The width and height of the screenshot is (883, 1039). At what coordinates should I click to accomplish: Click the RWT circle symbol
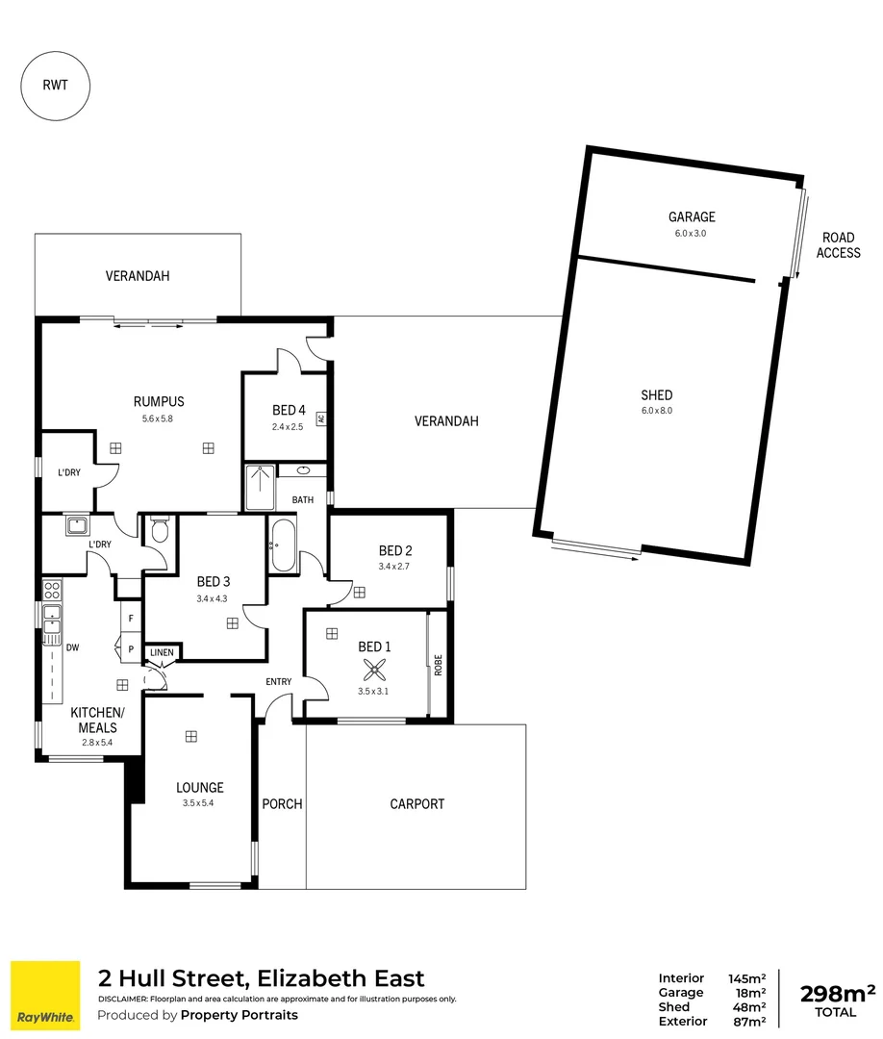56,85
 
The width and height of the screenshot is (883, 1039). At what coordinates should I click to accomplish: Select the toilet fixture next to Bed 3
160,531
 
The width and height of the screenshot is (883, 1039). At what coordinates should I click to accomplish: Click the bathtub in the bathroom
283,545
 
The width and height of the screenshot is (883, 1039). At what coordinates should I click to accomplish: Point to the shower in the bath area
260,487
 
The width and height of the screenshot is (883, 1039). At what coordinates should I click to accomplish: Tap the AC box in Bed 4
321,418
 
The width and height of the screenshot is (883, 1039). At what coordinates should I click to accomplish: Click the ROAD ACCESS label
838,245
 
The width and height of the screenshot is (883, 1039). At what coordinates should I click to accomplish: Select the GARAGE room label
692,217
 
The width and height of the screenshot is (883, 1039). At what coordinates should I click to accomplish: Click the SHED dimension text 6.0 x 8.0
657,411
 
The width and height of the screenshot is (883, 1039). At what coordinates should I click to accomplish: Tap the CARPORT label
417,803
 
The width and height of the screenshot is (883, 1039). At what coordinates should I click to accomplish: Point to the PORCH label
282,803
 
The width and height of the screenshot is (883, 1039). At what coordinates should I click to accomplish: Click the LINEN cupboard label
162,653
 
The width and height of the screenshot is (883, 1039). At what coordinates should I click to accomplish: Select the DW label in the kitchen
72,647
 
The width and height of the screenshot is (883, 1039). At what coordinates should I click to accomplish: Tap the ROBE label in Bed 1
438,665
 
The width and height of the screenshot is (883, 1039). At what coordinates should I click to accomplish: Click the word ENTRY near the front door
279,682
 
